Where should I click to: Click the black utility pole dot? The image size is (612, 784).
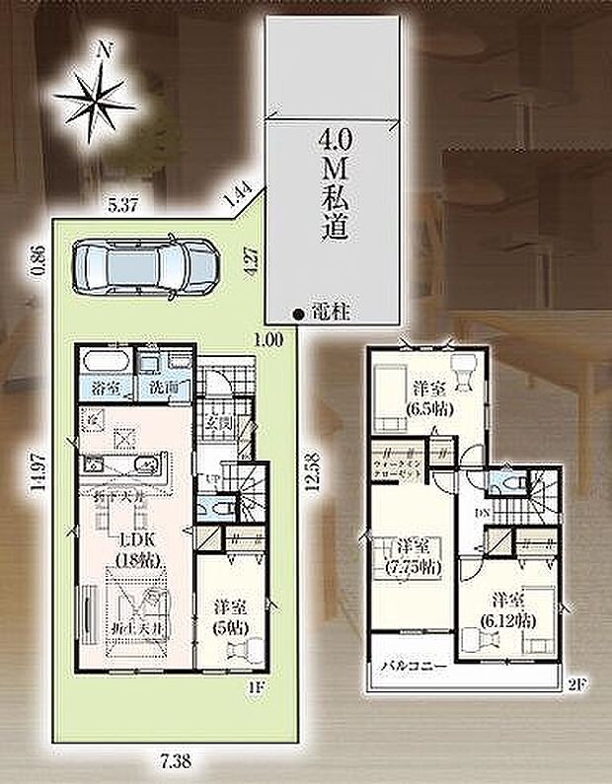click(297, 315)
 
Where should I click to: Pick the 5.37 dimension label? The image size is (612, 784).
click(122, 206)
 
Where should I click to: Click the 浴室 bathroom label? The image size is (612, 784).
click(107, 388)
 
